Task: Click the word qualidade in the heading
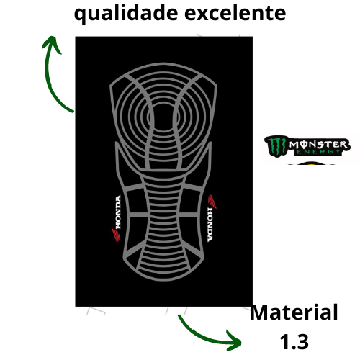click(126, 14)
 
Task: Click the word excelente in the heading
click(235, 13)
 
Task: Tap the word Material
click(294, 312)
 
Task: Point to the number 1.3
click(294, 341)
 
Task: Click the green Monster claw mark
click(276, 146)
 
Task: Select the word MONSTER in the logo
click(318, 145)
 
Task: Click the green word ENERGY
click(319, 152)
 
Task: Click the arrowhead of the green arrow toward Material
click(234, 341)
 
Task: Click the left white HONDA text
click(118, 212)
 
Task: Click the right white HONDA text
click(210, 225)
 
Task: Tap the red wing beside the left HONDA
click(116, 235)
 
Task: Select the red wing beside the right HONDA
click(212, 202)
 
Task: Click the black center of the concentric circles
click(163, 117)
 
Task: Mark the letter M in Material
click(260, 312)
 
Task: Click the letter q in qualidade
click(80, 16)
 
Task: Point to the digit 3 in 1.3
click(302, 341)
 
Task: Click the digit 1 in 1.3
click(285, 341)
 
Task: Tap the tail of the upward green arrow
click(73, 111)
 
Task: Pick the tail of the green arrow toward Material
click(179, 315)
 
